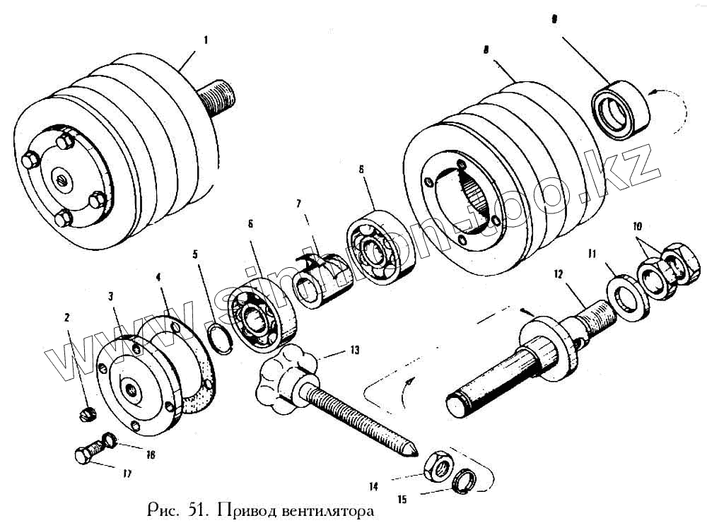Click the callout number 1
pos(206,40)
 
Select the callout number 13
pos(354,349)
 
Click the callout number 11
pos(592,252)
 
